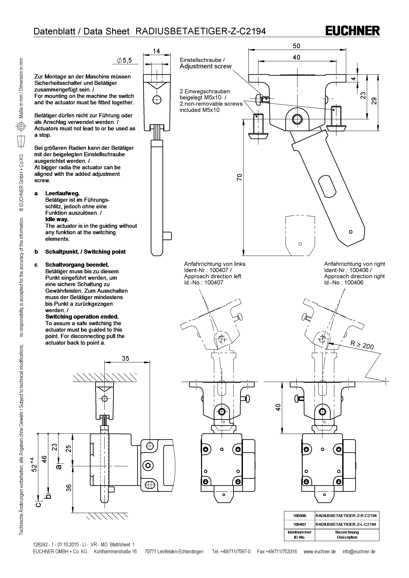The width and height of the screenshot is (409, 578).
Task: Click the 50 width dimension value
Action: click(296, 46)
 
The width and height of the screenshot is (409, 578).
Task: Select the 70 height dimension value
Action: click(239, 177)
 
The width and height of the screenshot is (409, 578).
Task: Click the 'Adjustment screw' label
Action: click(205, 66)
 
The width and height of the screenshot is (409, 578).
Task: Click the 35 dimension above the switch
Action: click(125, 358)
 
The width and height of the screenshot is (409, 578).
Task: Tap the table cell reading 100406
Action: click(299, 516)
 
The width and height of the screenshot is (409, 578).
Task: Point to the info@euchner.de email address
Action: click(359, 552)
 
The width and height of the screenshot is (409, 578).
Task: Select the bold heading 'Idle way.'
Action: click(57, 219)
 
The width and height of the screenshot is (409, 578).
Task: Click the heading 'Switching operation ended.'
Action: click(82, 317)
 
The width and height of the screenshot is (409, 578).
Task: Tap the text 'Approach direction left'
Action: click(213, 276)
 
